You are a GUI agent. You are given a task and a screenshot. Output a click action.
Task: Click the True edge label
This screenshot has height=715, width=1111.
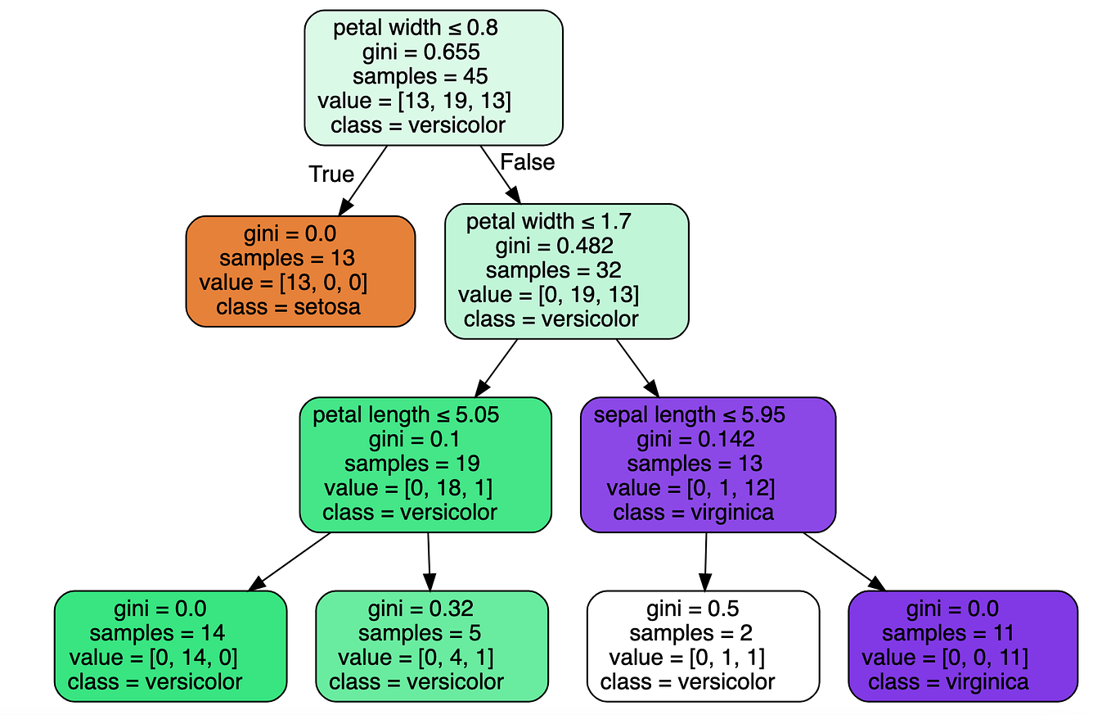331,174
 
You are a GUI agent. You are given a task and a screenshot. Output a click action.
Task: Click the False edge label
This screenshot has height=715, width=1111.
527,162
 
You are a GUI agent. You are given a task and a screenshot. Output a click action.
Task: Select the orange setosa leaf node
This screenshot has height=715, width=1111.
300,271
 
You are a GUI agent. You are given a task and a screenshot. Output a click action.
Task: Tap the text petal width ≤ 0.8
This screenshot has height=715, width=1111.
416,28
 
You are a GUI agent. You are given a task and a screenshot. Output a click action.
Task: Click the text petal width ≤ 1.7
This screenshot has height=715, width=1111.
549,222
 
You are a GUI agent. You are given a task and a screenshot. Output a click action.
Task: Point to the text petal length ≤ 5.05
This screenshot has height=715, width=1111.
407,415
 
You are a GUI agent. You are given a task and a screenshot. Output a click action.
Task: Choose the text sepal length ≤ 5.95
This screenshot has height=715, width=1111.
690,415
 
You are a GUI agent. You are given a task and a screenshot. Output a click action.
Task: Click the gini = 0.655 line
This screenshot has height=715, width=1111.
420,52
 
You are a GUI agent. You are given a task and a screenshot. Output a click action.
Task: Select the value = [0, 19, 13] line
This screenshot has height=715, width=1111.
548,295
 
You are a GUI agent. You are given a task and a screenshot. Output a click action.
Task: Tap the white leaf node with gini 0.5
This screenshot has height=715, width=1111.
703,645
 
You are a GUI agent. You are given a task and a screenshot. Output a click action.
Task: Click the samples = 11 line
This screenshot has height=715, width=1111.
947,633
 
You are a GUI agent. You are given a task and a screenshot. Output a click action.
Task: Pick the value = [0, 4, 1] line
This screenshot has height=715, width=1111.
416,658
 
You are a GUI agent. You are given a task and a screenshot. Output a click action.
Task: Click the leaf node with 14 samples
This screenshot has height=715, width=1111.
170,645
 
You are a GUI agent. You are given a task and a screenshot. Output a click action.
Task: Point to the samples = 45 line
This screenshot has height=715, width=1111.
420,77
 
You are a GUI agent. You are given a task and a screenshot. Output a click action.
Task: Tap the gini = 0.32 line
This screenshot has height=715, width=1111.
420,609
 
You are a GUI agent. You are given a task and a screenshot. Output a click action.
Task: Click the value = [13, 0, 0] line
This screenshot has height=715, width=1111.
282,283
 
